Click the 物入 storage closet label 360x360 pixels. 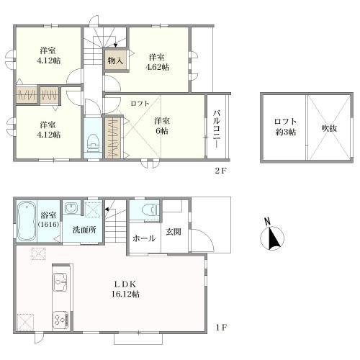coord(115,60)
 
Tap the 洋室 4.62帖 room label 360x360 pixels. coord(157,62)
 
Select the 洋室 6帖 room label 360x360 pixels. coord(161,126)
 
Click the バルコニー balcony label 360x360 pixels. coord(217,129)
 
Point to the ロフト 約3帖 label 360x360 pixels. coord(285,127)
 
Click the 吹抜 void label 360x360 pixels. coord(329,129)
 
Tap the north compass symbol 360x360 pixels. coord(272,235)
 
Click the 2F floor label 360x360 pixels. coord(220,171)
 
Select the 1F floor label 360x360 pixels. coord(221,328)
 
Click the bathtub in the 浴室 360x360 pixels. coord(27,221)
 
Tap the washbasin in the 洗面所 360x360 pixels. coord(71,207)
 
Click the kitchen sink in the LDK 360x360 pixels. coord(60,282)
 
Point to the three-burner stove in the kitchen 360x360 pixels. coord(60,320)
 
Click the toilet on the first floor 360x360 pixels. coord(150,210)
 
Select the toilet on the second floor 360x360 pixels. coord(93,143)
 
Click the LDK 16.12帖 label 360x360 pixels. coord(125,289)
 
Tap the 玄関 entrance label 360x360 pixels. coord(174,232)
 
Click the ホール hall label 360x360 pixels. coord(144,238)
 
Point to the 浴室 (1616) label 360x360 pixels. coord(48,220)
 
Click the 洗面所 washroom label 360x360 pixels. coord(84,230)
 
